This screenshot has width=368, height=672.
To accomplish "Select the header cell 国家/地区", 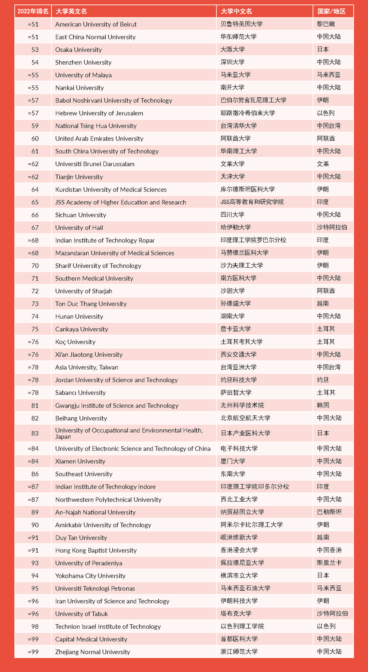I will coord(331,11).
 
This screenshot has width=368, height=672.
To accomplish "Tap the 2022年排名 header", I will coord(33,11).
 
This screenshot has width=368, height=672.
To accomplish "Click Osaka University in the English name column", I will coord(78,49).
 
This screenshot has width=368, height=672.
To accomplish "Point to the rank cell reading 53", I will coord(35,49).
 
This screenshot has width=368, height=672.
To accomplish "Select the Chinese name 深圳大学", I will coord(232,62).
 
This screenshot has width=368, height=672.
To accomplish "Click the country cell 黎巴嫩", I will coord(326,24).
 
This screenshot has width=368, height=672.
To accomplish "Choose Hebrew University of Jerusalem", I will coord(99,113).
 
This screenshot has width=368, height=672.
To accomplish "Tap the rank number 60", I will coord(35,139).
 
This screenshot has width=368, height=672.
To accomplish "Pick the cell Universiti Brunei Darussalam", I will coord(95,164).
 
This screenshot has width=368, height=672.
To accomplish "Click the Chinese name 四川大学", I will coord(232,215).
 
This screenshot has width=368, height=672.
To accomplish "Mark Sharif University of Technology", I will coord(98,266).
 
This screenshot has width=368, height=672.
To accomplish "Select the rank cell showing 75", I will coord(35,329).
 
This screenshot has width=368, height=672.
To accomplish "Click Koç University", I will coord(75,342).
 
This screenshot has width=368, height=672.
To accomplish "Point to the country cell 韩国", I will coord(323,405).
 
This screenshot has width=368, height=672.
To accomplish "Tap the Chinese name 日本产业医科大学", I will coord(245,433).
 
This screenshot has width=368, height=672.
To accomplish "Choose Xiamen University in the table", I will coord(80,461).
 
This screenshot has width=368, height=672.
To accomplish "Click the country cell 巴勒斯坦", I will coord(329,512).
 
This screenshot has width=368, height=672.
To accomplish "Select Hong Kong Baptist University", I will coord(96,550).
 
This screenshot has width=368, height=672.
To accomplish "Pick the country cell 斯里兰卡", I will coord(329,563).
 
